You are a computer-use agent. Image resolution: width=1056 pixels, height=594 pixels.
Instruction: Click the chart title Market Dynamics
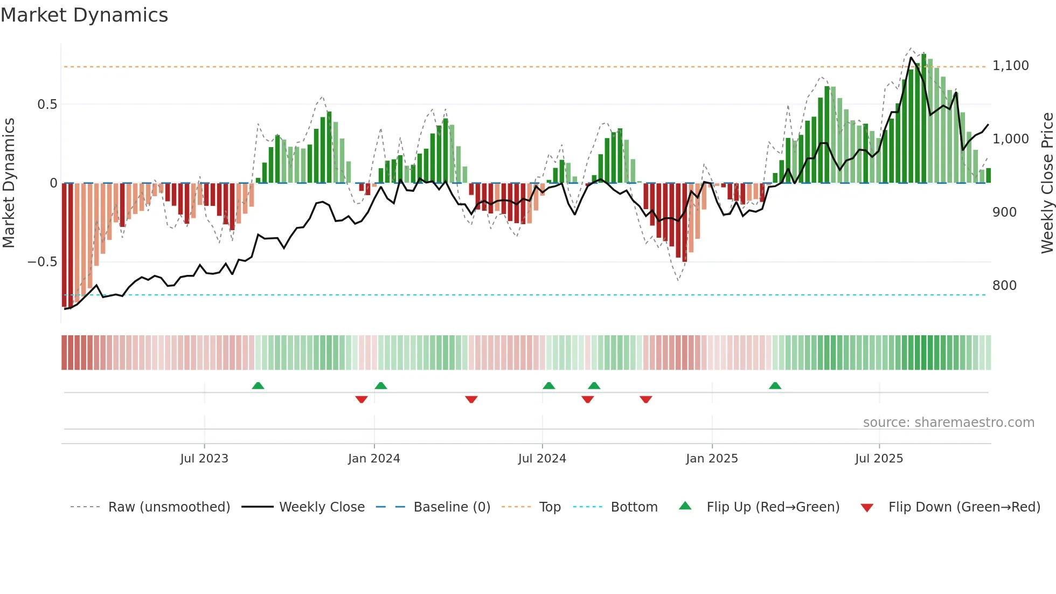(x=84, y=15)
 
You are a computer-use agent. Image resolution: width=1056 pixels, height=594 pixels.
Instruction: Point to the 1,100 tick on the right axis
(x=1010, y=66)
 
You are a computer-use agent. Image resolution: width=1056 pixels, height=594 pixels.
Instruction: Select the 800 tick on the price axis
(x=1004, y=286)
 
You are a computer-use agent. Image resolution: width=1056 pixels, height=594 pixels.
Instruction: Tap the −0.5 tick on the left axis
(x=42, y=262)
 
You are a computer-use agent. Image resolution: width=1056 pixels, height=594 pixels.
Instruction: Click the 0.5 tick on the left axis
(x=47, y=105)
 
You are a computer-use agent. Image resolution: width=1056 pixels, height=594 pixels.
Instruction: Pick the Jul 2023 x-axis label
(x=204, y=459)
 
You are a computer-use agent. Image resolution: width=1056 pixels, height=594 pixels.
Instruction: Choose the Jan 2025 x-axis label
(x=712, y=459)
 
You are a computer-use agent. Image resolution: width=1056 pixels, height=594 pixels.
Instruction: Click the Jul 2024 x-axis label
(x=542, y=459)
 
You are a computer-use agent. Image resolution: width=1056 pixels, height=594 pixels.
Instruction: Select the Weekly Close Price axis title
(x=1047, y=183)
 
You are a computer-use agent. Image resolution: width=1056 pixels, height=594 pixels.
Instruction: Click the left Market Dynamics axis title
(x=9, y=183)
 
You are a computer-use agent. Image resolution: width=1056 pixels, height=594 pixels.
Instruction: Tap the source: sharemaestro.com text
(x=948, y=423)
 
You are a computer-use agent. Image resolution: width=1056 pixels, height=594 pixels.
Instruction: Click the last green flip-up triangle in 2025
(x=775, y=385)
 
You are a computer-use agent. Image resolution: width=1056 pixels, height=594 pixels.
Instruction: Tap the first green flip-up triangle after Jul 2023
(x=258, y=385)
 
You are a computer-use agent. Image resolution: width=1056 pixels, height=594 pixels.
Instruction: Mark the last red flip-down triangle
(x=646, y=399)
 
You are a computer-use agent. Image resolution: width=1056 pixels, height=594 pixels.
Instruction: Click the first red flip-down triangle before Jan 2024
(x=362, y=399)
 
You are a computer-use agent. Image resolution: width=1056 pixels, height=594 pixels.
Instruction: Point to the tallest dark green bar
(x=924, y=119)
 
